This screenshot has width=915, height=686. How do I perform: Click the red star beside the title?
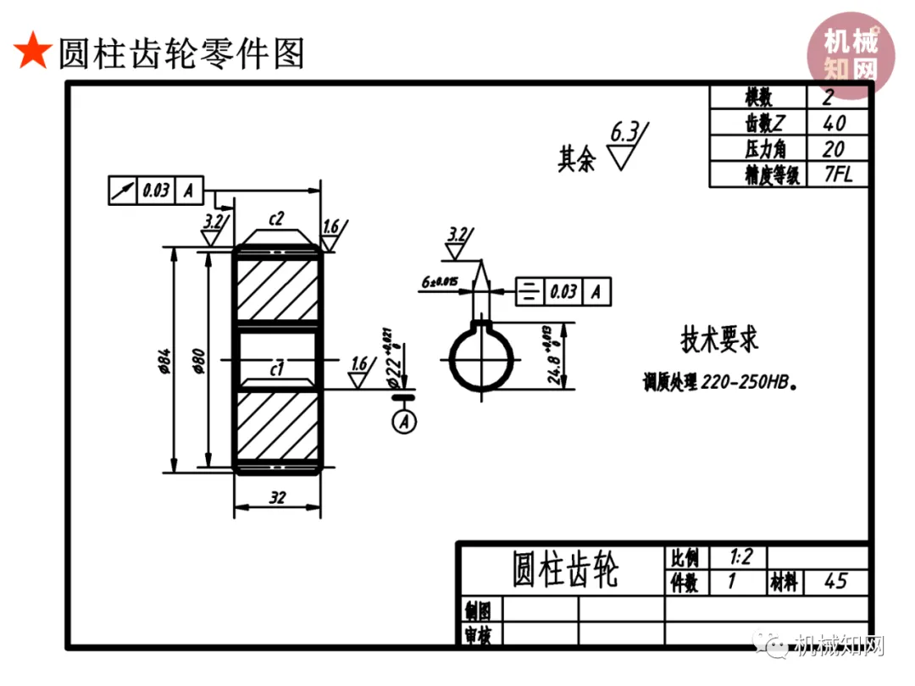[32, 53]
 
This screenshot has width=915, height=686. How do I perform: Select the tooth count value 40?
[834, 124]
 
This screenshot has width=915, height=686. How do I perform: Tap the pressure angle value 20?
[834, 149]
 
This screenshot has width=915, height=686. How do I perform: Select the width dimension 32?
[277, 498]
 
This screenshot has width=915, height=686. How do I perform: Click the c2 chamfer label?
[276, 219]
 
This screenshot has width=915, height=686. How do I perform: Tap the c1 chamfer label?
[276, 368]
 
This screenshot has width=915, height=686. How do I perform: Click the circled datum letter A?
[405, 420]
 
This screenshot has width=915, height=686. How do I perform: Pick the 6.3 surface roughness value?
[624, 132]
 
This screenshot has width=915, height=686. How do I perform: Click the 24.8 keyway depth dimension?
[555, 356]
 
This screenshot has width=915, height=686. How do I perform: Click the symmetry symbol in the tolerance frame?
[530, 292]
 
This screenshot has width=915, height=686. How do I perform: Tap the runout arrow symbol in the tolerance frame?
[123, 191]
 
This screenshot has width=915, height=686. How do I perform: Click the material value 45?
[835, 582]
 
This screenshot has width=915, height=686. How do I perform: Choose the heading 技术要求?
[719, 339]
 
